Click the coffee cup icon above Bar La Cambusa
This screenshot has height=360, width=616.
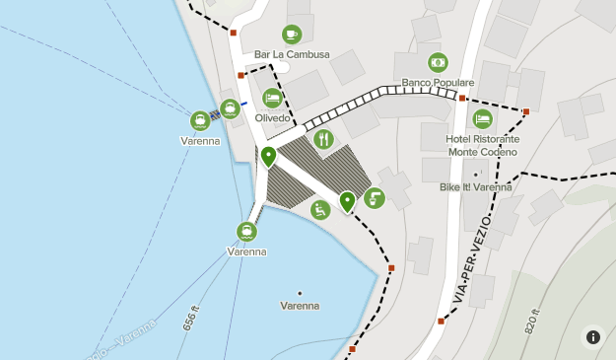(x=292, y=35)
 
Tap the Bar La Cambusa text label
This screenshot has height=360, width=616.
(x=292, y=54)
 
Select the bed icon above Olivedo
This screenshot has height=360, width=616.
(x=272, y=99)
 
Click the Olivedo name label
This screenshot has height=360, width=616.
(x=272, y=118)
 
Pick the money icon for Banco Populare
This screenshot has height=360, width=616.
(x=438, y=62)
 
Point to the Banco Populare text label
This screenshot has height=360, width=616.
(x=438, y=83)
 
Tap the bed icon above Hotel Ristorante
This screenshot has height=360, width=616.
(x=482, y=119)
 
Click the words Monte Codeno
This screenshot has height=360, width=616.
(x=483, y=152)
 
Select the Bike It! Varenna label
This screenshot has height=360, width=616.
(x=476, y=186)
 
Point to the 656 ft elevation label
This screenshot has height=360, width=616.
(x=191, y=319)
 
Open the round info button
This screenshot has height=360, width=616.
(x=593, y=336)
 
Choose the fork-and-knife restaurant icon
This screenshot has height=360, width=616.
(x=324, y=139)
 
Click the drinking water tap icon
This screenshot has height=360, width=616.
(x=375, y=198)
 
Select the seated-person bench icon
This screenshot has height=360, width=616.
(x=320, y=209)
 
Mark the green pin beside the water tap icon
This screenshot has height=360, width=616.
(x=347, y=202)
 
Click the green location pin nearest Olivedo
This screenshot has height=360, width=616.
(x=267, y=156)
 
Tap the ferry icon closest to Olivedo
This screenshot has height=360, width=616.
(x=230, y=108)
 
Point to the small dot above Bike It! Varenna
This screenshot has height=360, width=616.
(x=476, y=176)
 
